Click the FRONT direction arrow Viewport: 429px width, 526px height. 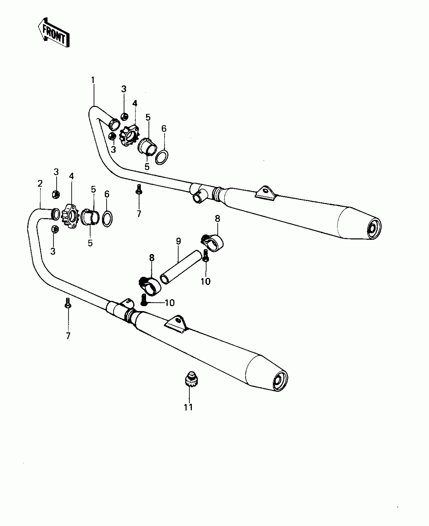[53, 33]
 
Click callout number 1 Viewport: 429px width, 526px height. [93, 80]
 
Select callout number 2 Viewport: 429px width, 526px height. [40, 184]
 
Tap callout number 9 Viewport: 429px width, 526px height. [178, 241]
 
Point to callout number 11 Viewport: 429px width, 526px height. [188, 407]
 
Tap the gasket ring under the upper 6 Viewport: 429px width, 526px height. [162, 157]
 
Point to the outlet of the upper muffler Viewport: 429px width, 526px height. [373, 228]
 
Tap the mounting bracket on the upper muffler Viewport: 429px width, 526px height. [265, 193]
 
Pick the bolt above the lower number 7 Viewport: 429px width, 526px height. [68, 303]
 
